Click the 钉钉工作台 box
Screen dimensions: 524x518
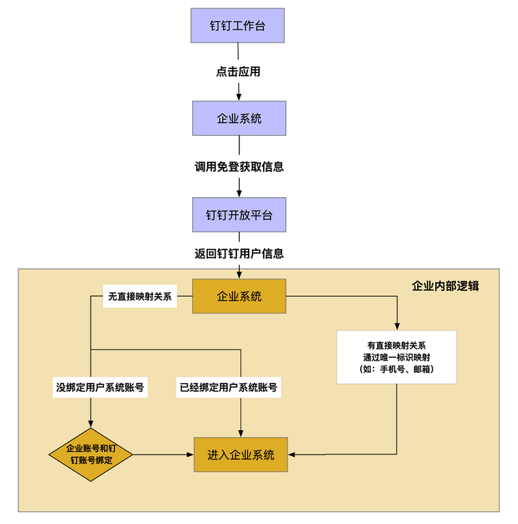238,25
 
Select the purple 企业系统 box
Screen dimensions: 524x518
239,118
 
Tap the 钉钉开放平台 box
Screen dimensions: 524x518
239,215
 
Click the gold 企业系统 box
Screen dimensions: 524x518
239,296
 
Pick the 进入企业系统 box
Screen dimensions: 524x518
241,455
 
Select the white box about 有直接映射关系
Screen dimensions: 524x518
396,357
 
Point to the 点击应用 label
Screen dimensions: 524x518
238,72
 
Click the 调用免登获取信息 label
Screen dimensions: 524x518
239,167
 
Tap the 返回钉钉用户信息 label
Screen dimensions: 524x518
239,254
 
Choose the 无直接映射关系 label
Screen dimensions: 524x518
140,297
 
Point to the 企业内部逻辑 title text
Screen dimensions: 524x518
445,285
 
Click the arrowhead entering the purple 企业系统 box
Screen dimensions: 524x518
239,97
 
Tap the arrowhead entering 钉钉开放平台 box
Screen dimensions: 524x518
239,193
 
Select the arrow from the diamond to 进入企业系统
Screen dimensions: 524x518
162,455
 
